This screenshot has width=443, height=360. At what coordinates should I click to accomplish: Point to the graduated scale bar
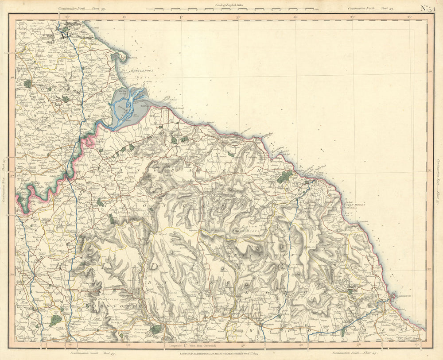click(230, 8)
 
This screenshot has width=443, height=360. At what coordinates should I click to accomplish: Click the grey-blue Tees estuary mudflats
click(128, 104)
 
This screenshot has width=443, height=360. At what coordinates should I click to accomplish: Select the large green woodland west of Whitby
click(284, 177)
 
